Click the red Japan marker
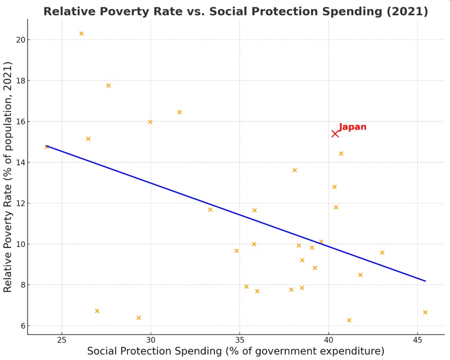(335, 134)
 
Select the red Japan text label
(353, 127)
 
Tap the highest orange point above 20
(81, 34)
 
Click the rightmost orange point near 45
(425, 312)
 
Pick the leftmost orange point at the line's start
(47, 147)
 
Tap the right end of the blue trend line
(425, 281)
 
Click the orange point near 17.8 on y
(108, 86)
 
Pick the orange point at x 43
(382, 253)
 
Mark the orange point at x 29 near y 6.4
(139, 318)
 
